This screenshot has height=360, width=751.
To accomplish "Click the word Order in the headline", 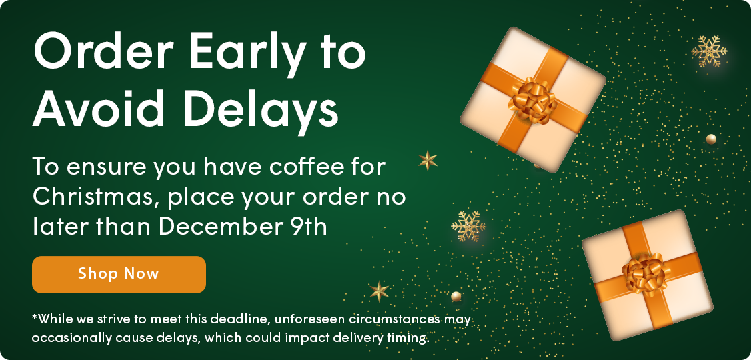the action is click(x=103, y=51).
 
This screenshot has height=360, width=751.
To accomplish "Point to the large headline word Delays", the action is click(x=266, y=107).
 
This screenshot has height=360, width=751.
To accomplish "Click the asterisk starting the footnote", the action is click(x=35, y=317).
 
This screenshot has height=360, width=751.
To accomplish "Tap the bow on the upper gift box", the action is click(x=533, y=99).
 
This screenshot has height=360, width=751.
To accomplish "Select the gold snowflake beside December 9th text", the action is click(x=468, y=226).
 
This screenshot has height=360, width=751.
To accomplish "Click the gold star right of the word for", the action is click(x=428, y=161).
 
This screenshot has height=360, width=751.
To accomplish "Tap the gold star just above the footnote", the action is click(x=379, y=291).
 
